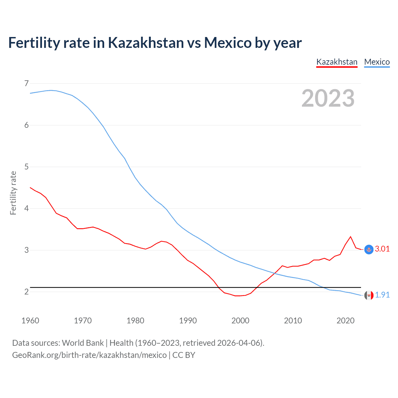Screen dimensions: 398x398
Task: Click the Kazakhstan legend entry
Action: (337, 62)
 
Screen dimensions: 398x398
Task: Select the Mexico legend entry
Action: (377, 62)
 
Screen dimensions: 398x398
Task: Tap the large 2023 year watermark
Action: (328, 98)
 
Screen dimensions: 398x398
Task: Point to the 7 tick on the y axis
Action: (26, 83)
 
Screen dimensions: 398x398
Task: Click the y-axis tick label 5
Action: (26, 167)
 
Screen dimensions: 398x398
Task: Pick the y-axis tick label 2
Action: (26, 292)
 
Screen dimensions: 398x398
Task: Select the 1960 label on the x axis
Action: (30, 321)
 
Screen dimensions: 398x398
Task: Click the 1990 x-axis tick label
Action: (188, 321)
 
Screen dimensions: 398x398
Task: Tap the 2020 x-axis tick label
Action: (345, 321)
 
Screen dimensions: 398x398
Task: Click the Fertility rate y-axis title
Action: (13, 193)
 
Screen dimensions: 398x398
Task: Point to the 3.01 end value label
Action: (382, 249)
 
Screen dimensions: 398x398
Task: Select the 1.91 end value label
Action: (382, 295)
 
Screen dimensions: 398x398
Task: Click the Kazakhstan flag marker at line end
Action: (369, 249)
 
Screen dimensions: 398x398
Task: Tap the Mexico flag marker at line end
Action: (369, 295)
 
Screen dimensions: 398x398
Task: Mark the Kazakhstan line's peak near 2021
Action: (351, 237)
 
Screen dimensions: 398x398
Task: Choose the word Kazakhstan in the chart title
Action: (146, 43)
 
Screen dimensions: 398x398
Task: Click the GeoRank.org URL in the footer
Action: (89, 355)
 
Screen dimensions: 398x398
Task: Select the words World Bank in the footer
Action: (83, 343)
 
